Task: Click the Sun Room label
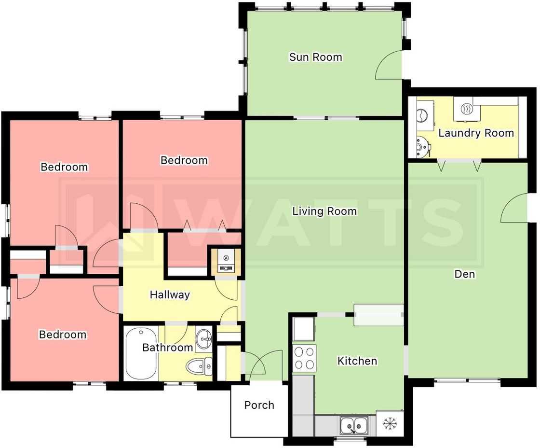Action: (316, 57)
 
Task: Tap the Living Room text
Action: (324, 211)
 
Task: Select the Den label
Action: (465, 274)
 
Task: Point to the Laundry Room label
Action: (476, 133)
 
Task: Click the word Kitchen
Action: (357, 361)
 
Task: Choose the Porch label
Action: (259, 405)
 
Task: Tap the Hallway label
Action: (170, 294)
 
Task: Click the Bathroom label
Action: (167, 347)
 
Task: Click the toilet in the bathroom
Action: (200, 366)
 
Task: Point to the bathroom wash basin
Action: (204, 339)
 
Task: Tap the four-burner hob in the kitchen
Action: (304, 358)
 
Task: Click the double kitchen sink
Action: (354, 425)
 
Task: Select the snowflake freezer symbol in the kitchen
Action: (390, 423)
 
